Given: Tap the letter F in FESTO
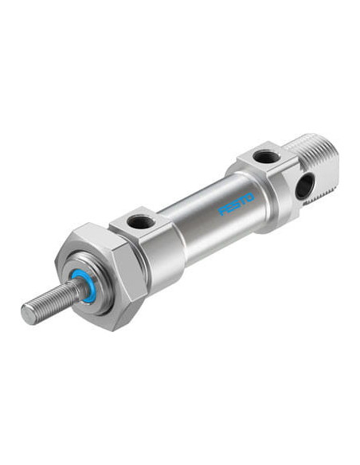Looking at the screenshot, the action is coord(222,210).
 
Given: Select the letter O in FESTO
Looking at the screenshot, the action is coord(249,197).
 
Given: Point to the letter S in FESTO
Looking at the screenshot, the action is coord(236,204).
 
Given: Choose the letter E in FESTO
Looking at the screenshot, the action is coord(229,207).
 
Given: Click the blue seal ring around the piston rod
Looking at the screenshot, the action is coord(81,287).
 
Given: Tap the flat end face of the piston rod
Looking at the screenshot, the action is coord(27,314).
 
